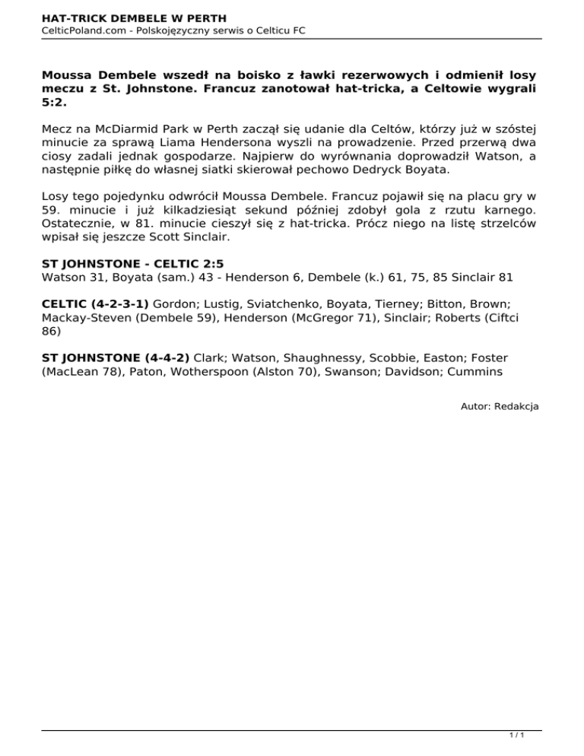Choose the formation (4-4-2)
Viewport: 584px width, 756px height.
pos(157,357)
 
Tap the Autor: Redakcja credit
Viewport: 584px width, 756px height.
pos(500,407)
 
